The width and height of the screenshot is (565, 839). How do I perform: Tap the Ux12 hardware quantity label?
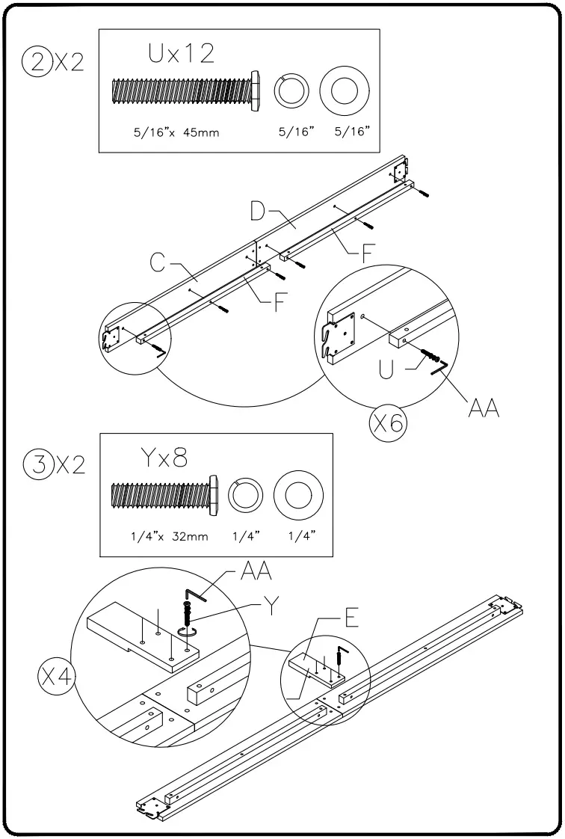pos(181,54)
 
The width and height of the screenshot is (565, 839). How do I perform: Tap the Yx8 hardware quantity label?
pos(164,456)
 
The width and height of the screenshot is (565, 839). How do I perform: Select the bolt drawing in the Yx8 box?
pos(164,496)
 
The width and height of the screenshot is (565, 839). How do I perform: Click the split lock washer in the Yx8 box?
pos(245,496)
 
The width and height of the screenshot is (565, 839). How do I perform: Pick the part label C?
pos(157,265)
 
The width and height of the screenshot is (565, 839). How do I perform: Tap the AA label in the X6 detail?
pos(481,408)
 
